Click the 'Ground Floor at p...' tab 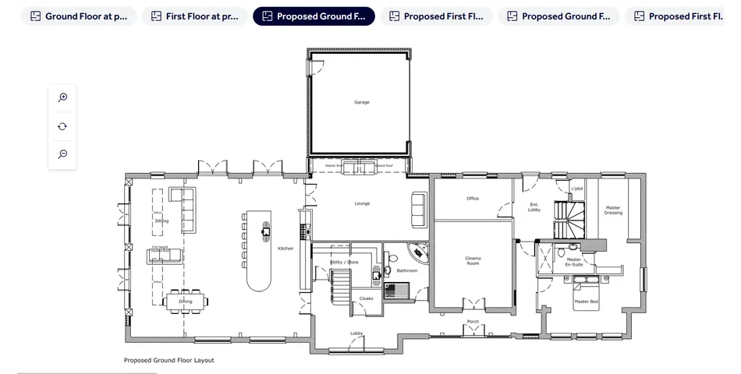click(79, 16)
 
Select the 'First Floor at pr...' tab click(194, 16)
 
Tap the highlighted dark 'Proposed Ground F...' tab click(314, 16)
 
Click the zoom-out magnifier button click(62, 154)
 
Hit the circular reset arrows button click(62, 126)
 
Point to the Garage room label click(362, 102)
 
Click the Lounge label click(362, 203)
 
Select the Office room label click(473, 199)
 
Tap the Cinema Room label click(473, 260)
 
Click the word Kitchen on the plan click(285, 249)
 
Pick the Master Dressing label click(613, 210)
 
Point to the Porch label click(473, 321)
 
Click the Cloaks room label click(366, 298)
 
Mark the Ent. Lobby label click(534, 207)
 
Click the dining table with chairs click(186, 301)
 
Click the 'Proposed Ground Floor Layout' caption click(168, 360)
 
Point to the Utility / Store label click(345, 263)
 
